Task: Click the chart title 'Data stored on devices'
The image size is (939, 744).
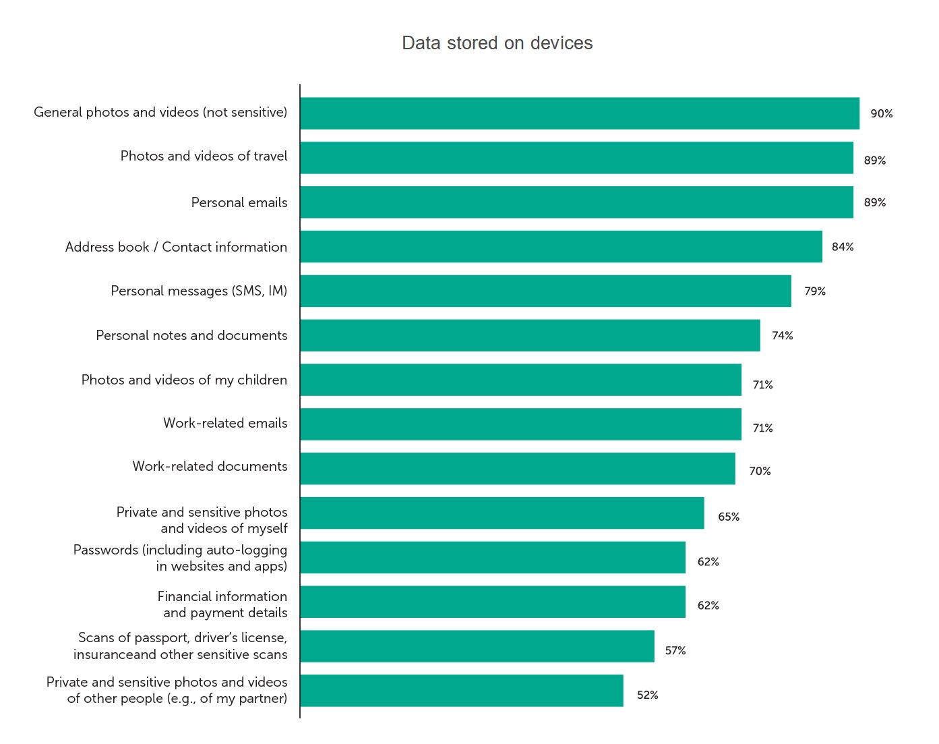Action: (497, 43)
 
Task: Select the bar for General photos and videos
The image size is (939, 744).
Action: (580, 113)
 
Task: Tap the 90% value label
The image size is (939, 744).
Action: (881, 114)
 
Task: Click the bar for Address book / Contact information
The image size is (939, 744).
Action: (561, 247)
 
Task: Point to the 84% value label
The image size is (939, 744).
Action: (843, 247)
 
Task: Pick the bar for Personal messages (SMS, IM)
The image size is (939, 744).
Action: (545, 291)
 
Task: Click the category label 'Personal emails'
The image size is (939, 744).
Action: (239, 202)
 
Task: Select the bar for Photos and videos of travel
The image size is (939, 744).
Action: (576, 158)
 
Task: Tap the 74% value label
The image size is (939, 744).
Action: (782, 336)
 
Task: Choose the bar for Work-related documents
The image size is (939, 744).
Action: (518, 469)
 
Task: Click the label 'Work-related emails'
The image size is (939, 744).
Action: (225, 423)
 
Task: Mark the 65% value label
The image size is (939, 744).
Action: (729, 517)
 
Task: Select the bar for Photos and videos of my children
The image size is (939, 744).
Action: (520, 380)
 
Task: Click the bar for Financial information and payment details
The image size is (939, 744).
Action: (493, 602)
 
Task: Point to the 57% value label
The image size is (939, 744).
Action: (675, 651)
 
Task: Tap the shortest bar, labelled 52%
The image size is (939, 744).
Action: (462, 691)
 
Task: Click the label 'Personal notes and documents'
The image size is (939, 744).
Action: (191, 335)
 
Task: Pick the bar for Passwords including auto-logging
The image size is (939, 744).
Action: (493, 557)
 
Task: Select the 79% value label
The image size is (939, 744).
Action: (814, 291)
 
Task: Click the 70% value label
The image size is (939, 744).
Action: (760, 471)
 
